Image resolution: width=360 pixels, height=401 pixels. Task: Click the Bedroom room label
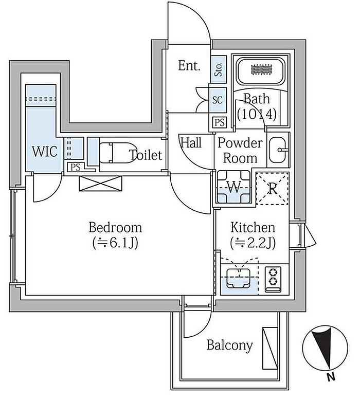coord(115,227)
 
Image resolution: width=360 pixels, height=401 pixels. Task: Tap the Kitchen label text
coord(252,227)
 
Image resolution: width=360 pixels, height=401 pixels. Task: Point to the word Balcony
coord(229,345)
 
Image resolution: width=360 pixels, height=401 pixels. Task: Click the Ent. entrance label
coord(189,66)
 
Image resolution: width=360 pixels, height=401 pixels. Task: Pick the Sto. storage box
coord(219,68)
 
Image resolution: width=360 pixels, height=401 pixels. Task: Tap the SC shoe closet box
coord(218,100)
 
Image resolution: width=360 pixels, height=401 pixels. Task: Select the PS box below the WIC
coord(76,167)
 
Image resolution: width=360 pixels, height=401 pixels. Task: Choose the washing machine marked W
coord(235,188)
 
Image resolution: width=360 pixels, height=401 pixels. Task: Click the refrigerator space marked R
coord(273,188)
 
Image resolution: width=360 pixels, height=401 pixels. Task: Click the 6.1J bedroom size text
coord(115,243)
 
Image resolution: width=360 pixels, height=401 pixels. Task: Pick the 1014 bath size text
coord(257,114)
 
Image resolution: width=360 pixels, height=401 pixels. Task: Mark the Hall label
coord(190,143)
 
